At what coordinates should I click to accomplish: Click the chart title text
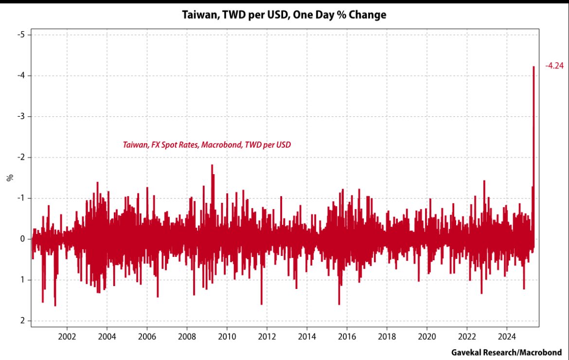(x=284, y=15)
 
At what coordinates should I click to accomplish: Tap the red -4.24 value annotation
(x=554, y=66)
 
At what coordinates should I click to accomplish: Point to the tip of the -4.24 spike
(x=533, y=67)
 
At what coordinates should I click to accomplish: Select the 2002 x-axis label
(x=67, y=336)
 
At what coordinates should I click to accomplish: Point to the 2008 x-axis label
(x=187, y=336)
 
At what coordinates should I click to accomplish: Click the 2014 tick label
(x=307, y=336)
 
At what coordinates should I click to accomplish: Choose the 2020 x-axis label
(x=427, y=336)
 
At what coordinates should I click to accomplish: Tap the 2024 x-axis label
(x=507, y=336)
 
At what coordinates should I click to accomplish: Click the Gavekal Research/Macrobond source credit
(x=506, y=352)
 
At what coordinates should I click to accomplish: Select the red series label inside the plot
(x=207, y=144)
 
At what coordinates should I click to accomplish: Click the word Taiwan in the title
(x=199, y=15)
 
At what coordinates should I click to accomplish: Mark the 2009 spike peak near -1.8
(x=212, y=165)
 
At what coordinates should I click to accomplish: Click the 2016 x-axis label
(x=347, y=336)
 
